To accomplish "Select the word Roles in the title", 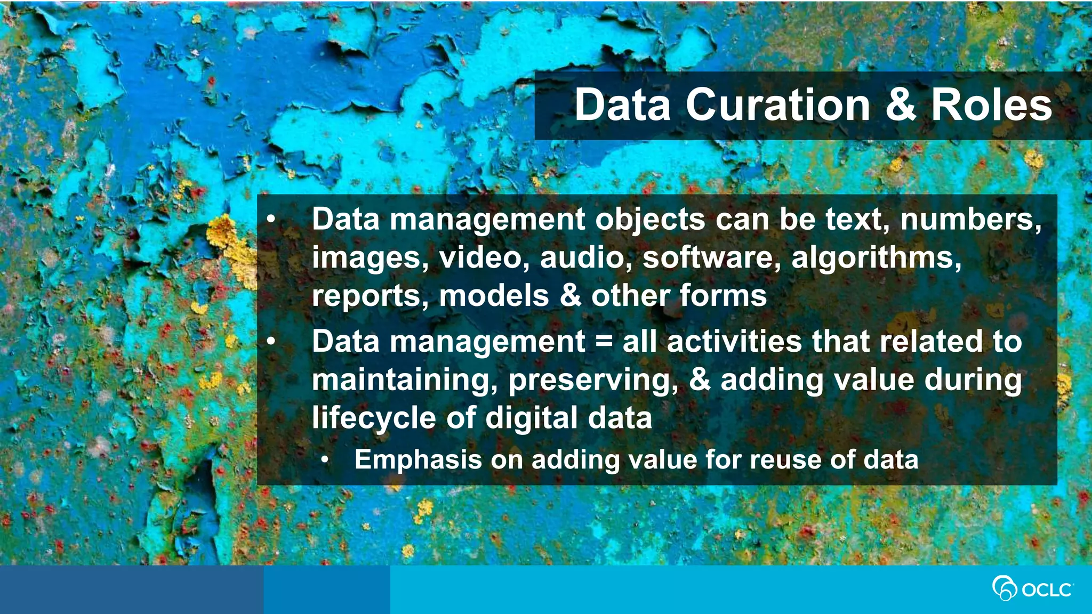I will tap(992, 105).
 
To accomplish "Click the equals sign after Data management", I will tap(604, 342).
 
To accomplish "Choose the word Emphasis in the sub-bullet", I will tap(418, 460).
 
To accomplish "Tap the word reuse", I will tap(784, 460).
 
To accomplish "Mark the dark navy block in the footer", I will tap(131, 589).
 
